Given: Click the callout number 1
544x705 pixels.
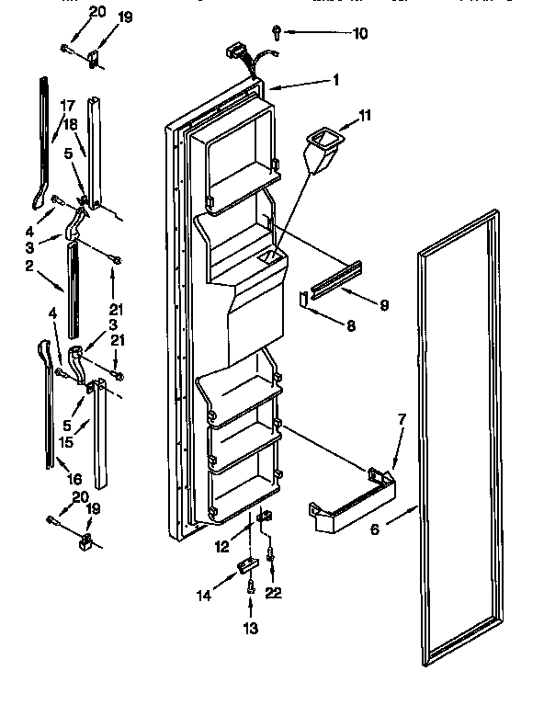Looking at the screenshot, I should coord(336,80).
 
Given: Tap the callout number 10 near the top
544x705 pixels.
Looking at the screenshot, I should coord(334,33).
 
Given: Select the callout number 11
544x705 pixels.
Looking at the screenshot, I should coord(365,117).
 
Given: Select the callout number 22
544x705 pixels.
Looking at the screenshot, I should coord(272,593).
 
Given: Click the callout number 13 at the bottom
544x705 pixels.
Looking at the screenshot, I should coord(251,629).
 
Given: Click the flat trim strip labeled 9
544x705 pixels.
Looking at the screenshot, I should coord(334,279).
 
